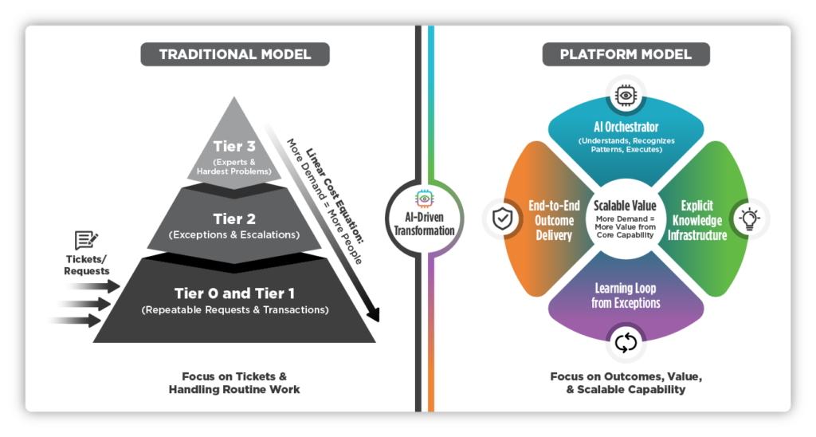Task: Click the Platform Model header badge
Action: [626, 55]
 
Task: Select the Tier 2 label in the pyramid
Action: [233, 218]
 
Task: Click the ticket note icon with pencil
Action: [85, 241]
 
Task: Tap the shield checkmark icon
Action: [499, 217]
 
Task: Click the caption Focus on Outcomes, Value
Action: [626, 376]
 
